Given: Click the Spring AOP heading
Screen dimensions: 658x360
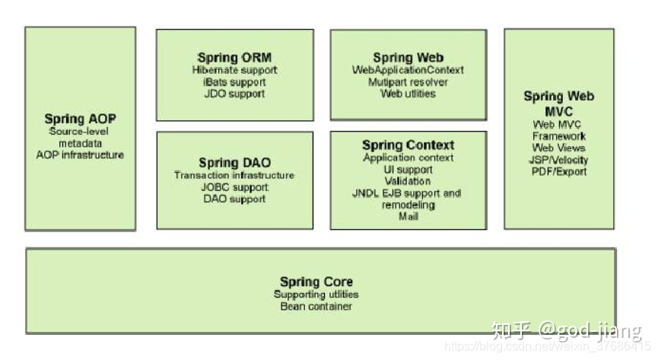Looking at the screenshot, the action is coord(80,119).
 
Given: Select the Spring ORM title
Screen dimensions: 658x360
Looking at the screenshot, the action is coord(234,58).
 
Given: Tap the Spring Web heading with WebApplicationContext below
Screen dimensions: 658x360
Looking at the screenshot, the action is coord(408,58).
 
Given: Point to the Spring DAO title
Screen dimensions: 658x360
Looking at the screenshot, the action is coord(234,162).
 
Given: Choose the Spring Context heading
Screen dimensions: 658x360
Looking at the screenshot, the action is coord(408,145).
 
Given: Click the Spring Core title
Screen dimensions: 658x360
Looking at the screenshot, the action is coord(316,282).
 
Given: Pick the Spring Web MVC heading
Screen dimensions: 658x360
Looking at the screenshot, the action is coord(559,103).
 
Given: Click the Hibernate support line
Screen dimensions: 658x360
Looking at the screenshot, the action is coord(234,70).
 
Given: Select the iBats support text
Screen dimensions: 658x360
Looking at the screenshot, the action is coord(234,82).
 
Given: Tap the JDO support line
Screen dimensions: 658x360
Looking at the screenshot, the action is coord(234,94).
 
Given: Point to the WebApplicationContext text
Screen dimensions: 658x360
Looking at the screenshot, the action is coord(408,70).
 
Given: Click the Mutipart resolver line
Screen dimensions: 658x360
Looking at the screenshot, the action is coord(408,82).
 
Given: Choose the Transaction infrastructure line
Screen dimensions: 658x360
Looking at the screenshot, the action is coord(234,175).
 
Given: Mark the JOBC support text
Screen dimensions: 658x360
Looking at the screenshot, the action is coord(234,187).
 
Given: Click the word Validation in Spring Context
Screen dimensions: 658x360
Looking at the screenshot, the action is coord(408,181).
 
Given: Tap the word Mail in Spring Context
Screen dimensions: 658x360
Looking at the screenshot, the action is coord(408,216).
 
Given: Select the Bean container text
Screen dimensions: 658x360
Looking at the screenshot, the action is coord(316,306).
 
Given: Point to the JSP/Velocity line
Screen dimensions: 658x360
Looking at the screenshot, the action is coord(559,160).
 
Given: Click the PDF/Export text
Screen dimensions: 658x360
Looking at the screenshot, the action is coord(559,171).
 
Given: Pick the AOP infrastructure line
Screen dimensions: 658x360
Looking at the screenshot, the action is coord(80,155).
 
